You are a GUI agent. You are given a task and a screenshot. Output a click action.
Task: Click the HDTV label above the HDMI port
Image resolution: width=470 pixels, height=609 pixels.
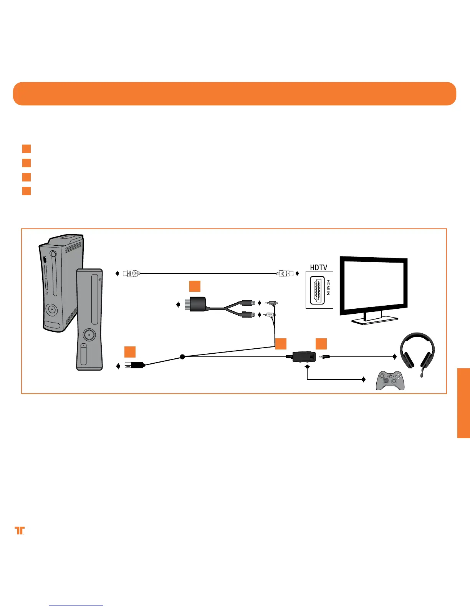(319, 267)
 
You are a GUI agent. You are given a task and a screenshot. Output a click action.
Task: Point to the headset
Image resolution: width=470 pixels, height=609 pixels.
(417, 350)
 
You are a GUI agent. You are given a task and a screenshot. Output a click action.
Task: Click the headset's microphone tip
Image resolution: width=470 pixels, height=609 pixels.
(423, 375)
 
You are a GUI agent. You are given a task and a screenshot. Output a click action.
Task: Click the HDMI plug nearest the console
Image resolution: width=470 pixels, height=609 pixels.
(131, 273)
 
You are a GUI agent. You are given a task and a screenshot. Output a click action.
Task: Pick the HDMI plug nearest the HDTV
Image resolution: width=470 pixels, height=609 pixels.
(285, 274)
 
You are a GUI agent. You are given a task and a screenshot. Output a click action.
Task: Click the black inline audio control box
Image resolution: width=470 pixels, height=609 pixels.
(304, 357)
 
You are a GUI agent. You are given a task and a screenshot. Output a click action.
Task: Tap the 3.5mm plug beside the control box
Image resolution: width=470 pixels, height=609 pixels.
(324, 357)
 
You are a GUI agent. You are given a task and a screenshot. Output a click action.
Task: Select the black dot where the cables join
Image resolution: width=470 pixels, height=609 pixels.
(182, 357)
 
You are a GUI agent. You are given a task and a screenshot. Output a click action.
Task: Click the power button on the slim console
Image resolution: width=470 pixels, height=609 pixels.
(89, 334)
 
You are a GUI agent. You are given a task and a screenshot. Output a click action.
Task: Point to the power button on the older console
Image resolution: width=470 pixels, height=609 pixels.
(51, 309)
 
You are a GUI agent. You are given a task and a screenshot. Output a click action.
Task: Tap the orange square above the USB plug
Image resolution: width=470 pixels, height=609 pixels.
(130, 352)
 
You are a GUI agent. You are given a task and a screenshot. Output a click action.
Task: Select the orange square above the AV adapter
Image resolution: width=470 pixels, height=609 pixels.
(195, 286)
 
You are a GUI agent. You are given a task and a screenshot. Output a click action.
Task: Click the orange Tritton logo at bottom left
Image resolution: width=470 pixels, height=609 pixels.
(19, 530)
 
